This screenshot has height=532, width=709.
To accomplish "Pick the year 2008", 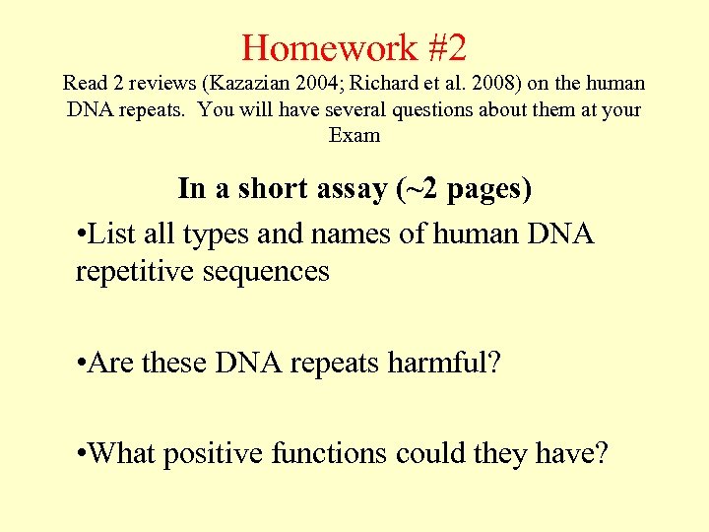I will pyautogui.click(x=476, y=84).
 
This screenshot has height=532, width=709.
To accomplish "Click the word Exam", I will pyautogui.click(x=354, y=135).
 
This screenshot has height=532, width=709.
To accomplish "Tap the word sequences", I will pyautogui.click(x=265, y=270).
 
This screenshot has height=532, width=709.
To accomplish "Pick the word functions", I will pyautogui.click(x=326, y=453).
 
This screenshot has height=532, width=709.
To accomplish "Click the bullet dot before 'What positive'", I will pyautogui.click(x=80, y=455).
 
